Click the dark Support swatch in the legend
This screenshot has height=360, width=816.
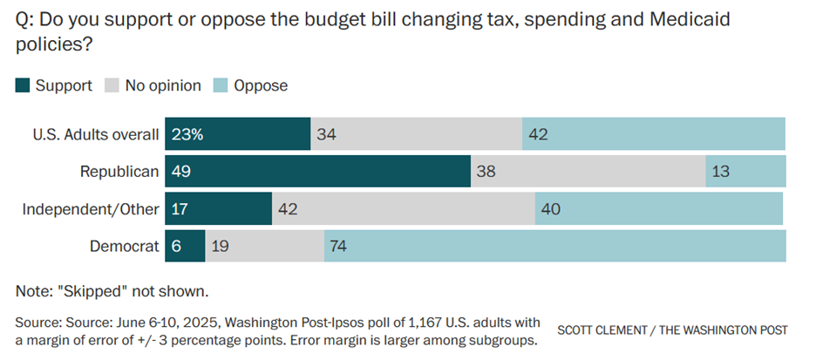click(x=23, y=85)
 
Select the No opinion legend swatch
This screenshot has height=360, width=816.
click(x=112, y=85)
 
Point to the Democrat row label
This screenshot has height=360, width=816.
click(x=125, y=247)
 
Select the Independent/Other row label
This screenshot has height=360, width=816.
click(x=91, y=209)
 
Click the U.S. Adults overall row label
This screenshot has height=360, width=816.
click(x=96, y=134)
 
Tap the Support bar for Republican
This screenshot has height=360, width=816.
click(x=318, y=172)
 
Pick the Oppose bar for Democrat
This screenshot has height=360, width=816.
click(x=554, y=247)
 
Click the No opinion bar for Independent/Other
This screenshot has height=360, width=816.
click(x=404, y=209)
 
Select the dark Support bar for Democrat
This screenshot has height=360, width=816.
click(x=185, y=247)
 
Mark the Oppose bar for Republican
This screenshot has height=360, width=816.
click(x=745, y=172)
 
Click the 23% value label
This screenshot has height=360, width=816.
click(x=187, y=134)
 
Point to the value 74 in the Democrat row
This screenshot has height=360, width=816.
click(x=339, y=247)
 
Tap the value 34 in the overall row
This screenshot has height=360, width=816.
click(x=327, y=134)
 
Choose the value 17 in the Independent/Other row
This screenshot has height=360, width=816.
click(x=180, y=209)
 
